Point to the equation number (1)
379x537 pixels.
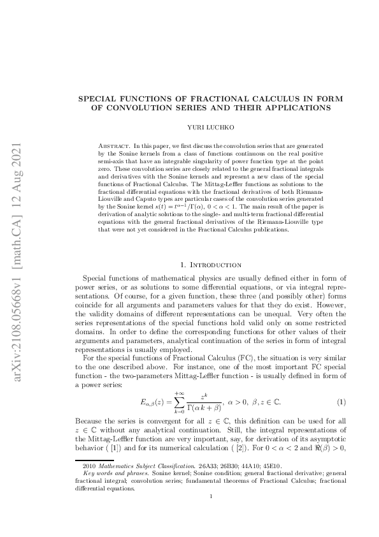click(341, 402)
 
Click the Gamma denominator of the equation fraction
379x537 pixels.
click(203, 409)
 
